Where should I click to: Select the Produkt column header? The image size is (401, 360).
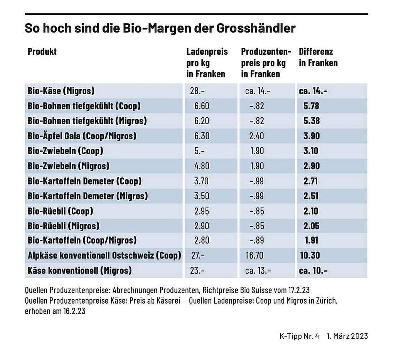click(42, 52)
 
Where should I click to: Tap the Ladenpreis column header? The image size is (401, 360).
click(207, 52)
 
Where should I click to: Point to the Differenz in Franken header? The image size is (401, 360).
click(318, 57)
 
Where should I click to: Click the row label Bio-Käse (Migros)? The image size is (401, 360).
click(61, 91)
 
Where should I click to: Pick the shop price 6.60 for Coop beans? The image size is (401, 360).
click(202, 106)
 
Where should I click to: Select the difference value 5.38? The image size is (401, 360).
click(312, 121)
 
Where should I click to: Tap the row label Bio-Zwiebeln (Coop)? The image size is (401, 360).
click(66, 151)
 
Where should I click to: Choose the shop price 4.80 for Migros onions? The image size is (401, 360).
click(202, 166)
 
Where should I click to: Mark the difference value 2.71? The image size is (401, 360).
click(312, 181)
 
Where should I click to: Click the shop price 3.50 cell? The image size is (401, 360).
click(202, 196)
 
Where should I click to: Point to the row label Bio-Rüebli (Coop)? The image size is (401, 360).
click(61, 211)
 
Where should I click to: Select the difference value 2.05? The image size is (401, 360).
click(312, 226)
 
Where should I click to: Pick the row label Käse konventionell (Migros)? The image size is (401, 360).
click(79, 270)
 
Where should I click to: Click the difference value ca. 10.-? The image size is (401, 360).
click(313, 270)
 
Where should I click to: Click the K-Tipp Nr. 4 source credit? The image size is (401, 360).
click(299, 336)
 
